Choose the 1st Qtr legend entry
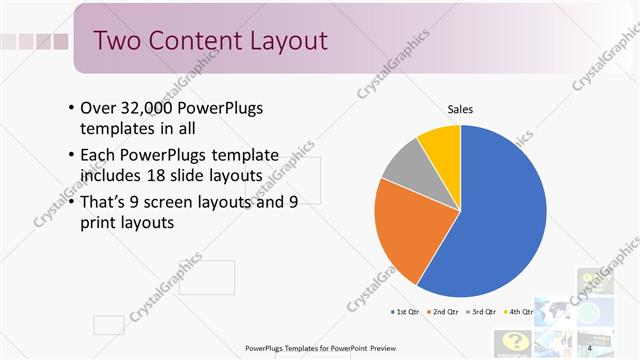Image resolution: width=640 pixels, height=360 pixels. [407, 312]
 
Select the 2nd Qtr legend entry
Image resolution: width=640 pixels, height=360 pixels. [444, 312]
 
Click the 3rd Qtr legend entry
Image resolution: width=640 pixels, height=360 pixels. [482, 312]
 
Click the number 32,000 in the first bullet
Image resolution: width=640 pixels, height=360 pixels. [146, 108]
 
